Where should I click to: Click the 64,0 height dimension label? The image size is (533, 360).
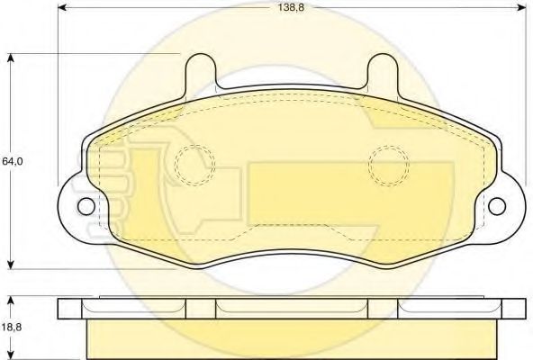tap(12, 161)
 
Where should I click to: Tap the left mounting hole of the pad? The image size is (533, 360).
tap(85, 206)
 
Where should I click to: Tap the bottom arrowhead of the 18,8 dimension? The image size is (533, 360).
tap(12, 355)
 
